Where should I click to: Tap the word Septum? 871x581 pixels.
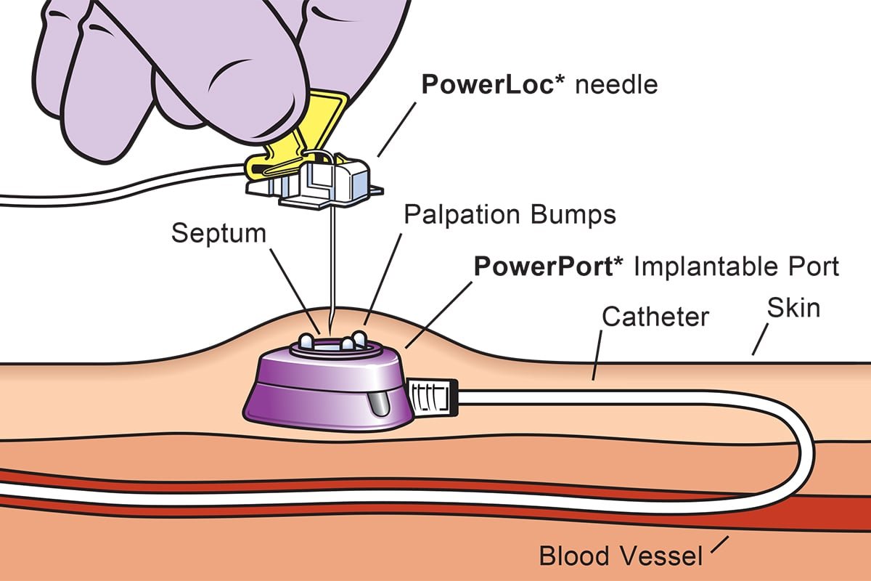(x=218, y=235)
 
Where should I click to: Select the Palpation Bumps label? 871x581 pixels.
(x=510, y=215)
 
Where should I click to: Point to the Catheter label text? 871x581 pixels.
(x=655, y=317)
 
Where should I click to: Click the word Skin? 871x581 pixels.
(x=793, y=308)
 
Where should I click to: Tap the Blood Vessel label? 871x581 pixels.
(x=621, y=556)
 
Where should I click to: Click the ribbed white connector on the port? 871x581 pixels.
(x=433, y=397)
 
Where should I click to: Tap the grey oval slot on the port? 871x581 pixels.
(x=379, y=404)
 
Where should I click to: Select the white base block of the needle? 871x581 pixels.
(x=319, y=182)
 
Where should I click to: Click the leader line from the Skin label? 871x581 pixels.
(x=761, y=339)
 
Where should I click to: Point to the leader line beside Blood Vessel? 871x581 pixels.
(x=719, y=545)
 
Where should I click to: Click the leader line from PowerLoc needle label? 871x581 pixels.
(x=396, y=129)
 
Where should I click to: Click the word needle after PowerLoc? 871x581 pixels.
(x=616, y=84)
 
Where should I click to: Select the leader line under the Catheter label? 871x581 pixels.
(x=597, y=355)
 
